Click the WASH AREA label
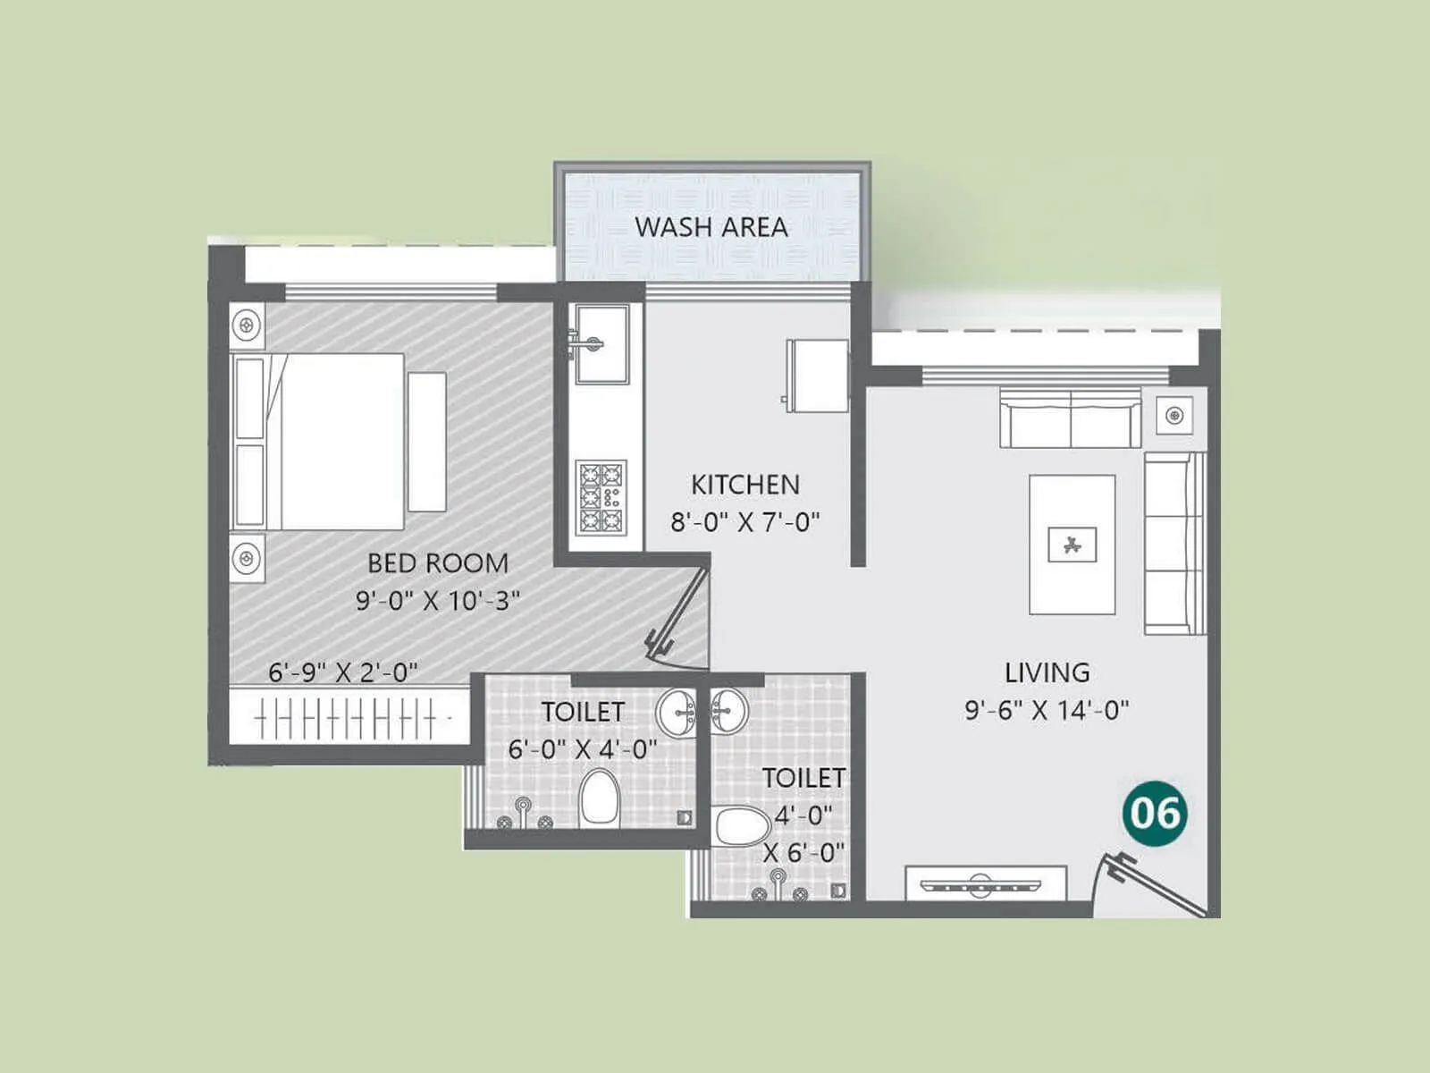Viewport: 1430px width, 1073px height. coord(711,227)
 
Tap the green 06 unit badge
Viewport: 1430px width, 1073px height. coord(1155,813)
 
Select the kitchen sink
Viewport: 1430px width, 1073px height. coord(601,344)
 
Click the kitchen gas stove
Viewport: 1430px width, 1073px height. coord(601,497)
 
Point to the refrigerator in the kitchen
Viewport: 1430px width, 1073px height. coord(817,376)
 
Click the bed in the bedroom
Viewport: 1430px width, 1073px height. coord(320,442)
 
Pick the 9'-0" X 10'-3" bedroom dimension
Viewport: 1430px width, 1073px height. coord(438,600)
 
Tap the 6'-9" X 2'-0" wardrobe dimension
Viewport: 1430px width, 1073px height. coord(343,672)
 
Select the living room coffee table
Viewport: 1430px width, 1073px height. coord(1072,544)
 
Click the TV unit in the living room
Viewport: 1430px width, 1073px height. coord(985,883)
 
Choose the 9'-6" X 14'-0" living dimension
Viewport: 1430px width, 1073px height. coord(1047,710)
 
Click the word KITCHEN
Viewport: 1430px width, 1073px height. coord(744,485)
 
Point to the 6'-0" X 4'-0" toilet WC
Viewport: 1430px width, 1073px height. coord(598,798)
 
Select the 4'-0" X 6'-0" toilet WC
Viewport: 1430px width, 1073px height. coord(740,825)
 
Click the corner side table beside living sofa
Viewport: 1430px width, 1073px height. coord(1173,415)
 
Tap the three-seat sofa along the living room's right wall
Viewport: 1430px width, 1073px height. coord(1174,543)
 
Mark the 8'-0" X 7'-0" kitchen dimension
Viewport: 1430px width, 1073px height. coord(744,522)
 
